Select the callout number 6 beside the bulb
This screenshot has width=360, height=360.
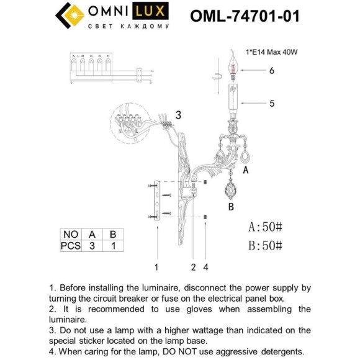[x=271, y=71]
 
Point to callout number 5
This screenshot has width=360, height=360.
[x=271, y=104]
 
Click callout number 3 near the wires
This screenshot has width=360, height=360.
[x=178, y=115]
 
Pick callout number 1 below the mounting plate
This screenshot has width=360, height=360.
[x=156, y=268]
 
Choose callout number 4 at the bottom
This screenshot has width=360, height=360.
[x=206, y=268]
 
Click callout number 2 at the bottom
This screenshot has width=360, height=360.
[x=194, y=268]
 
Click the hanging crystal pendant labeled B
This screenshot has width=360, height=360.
[x=230, y=187]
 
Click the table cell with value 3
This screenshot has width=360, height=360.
[x=92, y=246]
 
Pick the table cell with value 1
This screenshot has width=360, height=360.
[x=113, y=246]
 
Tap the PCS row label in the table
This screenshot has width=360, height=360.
[x=70, y=246]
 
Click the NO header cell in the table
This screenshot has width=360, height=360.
[x=70, y=235]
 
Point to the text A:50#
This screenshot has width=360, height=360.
[x=265, y=226]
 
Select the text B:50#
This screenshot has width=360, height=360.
[x=265, y=245]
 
